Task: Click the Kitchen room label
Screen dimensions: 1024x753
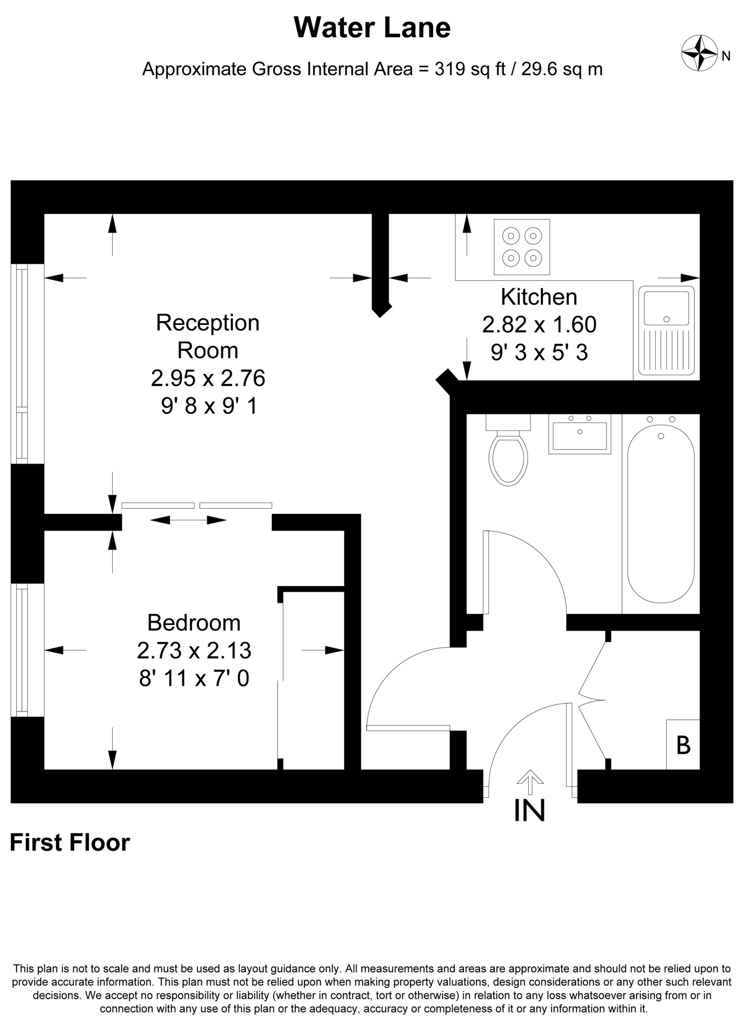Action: click(539, 297)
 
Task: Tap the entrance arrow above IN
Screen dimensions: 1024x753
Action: click(529, 782)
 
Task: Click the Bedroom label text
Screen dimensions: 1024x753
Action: click(194, 623)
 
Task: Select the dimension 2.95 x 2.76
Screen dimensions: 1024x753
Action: click(208, 378)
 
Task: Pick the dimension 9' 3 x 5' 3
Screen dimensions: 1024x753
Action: click(539, 353)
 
